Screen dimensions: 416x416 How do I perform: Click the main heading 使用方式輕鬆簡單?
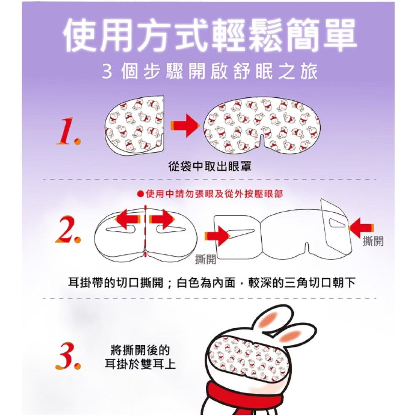(x=209, y=35)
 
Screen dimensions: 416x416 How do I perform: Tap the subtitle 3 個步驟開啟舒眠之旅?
(x=210, y=72)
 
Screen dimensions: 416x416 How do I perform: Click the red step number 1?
(x=68, y=131)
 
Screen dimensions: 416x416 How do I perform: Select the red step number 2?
(x=68, y=230)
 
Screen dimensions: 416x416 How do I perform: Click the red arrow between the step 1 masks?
(x=185, y=126)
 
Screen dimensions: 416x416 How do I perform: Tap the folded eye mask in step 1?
(x=135, y=126)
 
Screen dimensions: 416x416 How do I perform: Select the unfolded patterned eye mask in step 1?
(x=262, y=126)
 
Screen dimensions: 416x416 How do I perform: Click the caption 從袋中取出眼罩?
(x=210, y=167)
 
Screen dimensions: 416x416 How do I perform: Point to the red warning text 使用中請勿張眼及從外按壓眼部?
(x=210, y=194)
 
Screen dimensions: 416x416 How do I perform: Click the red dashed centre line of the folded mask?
(x=145, y=231)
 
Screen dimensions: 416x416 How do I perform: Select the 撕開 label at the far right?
(x=373, y=241)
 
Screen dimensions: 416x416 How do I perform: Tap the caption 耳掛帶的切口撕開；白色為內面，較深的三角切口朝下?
(x=212, y=283)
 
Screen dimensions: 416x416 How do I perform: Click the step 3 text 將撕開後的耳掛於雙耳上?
(x=140, y=357)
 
